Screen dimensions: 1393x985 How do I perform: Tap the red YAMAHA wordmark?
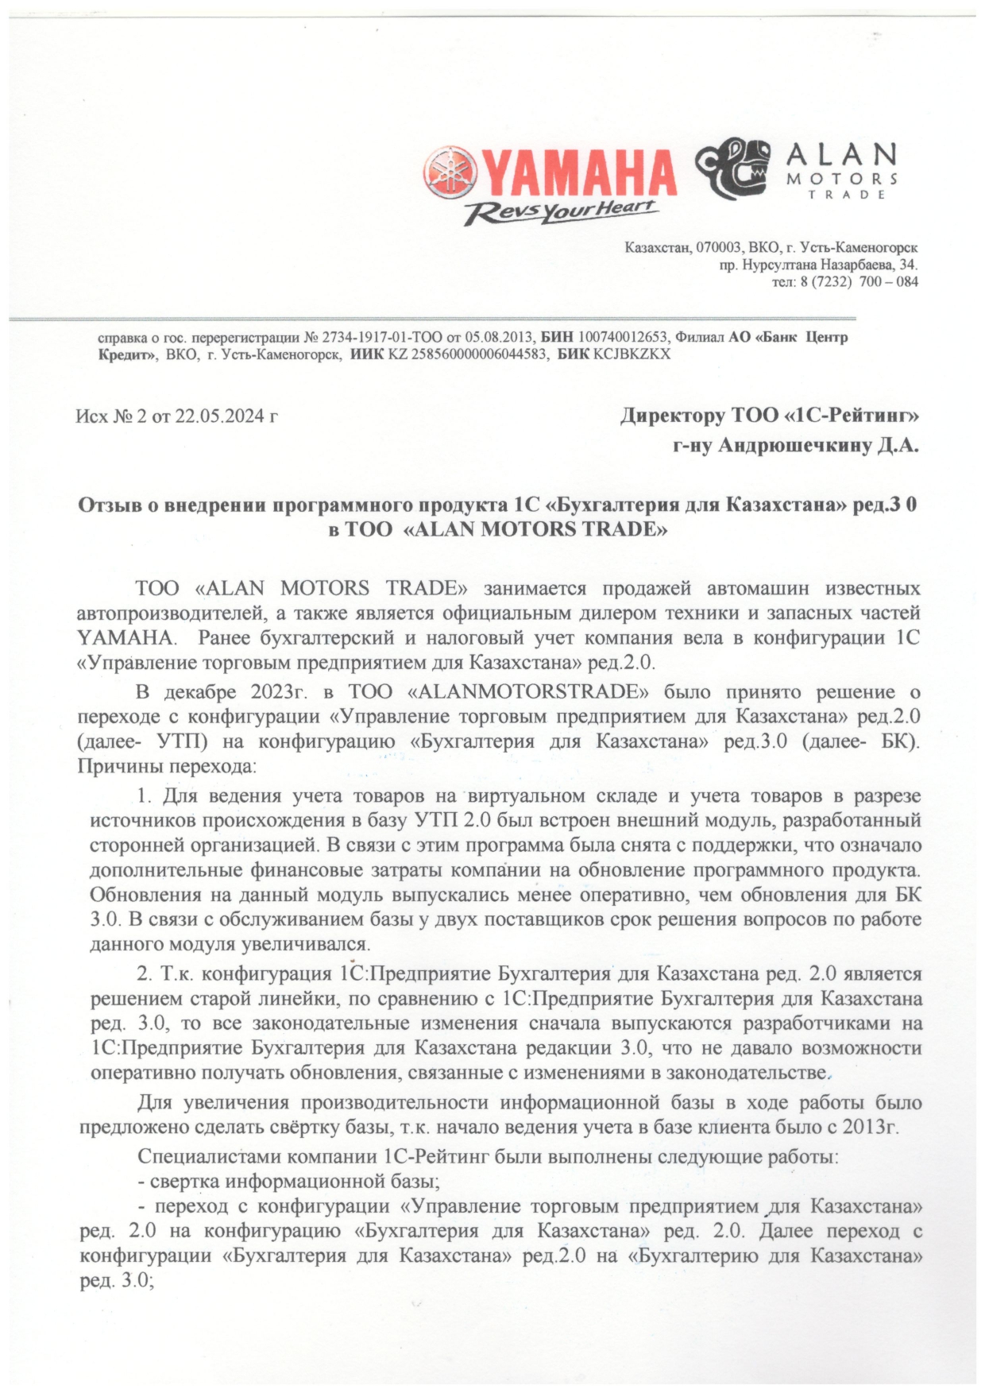point(577,172)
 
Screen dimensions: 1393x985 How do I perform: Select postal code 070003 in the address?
point(718,248)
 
